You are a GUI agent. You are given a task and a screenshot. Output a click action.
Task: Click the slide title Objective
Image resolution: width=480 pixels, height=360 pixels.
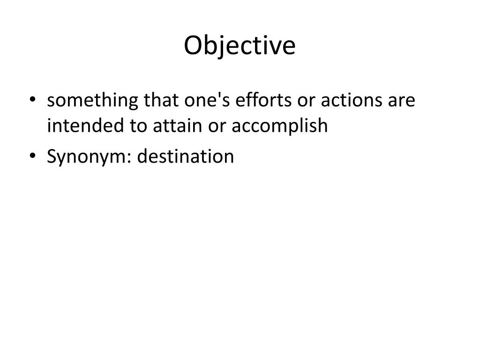pyautogui.click(x=240, y=45)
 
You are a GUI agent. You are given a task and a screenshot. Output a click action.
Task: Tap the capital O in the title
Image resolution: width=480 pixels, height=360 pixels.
pyautogui.click(x=192, y=45)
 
